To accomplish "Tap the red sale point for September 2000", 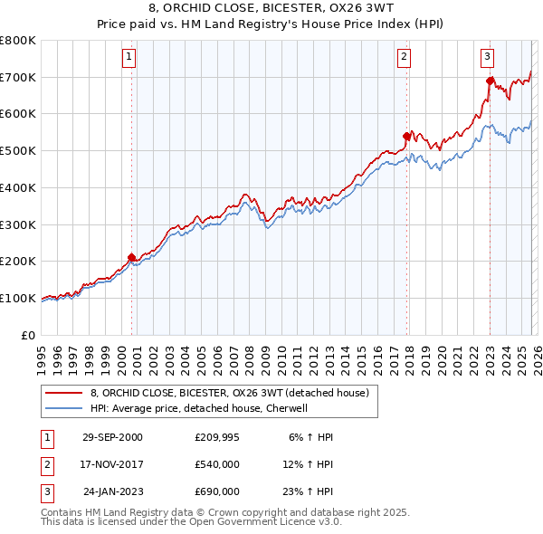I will tap(132, 257).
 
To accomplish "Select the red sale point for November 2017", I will tap(407, 135).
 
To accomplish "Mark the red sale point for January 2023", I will tap(490, 81).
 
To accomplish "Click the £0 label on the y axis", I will tap(29, 335).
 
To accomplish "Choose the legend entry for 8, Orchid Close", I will tap(229, 394).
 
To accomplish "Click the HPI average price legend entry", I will tap(199, 408).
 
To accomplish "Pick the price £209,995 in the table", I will tap(216, 437).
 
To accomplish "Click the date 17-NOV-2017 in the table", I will tap(112, 464).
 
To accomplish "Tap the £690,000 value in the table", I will tap(216, 491).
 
